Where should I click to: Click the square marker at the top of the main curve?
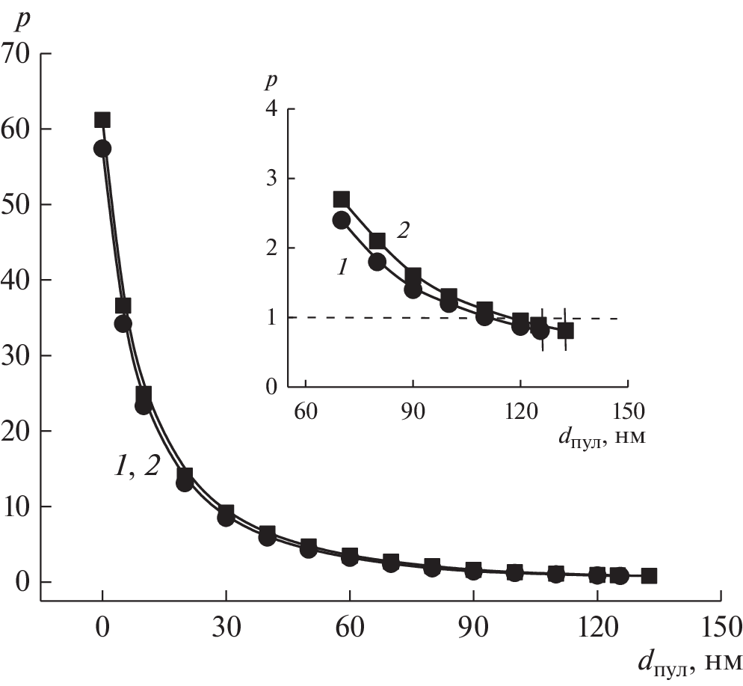(x=102, y=120)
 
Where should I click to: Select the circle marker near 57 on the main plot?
(x=102, y=149)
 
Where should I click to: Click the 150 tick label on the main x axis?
(x=721, y=625)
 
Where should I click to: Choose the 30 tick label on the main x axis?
(x=226, y=625)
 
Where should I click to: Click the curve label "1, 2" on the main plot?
(x=136, y=468)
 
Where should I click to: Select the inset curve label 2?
(x=401, y=231)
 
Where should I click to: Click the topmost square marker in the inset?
(x=342, y=199)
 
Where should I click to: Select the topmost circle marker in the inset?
(x=341, y=220)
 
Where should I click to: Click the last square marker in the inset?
(x=566, y=331)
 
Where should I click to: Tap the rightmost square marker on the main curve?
(x=649, y=576)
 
